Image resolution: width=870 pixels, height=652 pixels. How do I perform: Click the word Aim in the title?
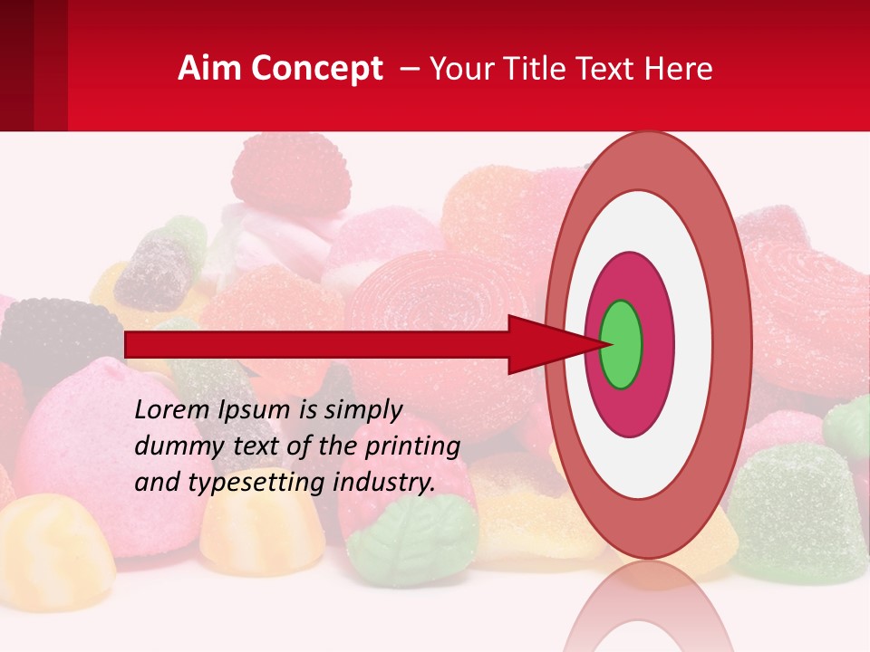tap(209, 69)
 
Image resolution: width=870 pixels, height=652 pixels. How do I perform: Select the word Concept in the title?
tap(316, 69)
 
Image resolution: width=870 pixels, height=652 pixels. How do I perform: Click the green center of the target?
tap(621, 344)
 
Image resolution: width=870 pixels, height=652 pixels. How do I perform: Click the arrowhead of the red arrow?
tap(544, 344)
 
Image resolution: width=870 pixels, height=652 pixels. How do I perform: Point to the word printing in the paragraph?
tap(412, 446)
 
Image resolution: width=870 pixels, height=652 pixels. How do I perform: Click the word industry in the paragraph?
tap(381, 482)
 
